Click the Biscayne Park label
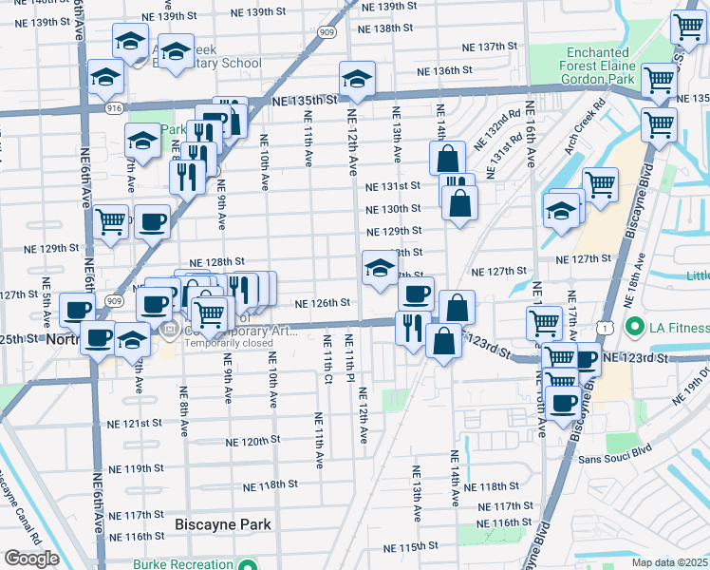point(223,524)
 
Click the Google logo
point(31,559)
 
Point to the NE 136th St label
point(447,70)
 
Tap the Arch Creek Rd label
point(585,120)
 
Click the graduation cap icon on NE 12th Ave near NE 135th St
point(357,79)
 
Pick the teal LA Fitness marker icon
point(633,329)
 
